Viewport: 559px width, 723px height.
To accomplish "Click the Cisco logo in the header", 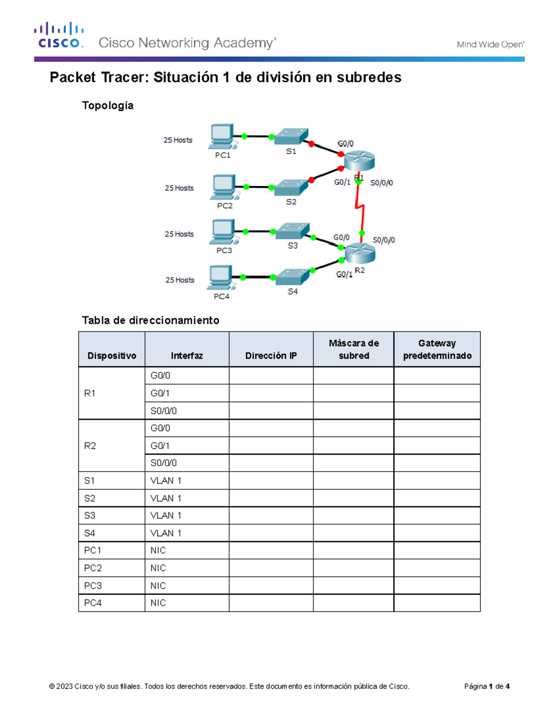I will [x=59, y=35].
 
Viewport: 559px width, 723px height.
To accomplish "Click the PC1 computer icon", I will [x=222, y=136].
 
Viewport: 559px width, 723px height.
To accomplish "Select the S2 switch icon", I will [x=291, y=187].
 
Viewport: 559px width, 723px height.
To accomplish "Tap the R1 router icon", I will [x=359, y=161].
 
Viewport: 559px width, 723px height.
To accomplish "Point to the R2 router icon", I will [x=360, y=252].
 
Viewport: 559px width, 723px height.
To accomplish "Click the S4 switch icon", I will [x=292, y=277].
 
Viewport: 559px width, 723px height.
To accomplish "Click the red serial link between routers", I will [x=360, y=208].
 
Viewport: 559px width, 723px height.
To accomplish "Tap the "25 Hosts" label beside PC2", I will [x=179, y=188].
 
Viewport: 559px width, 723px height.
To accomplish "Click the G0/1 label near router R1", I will [x=342, y=182].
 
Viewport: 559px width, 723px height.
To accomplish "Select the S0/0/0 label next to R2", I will [x=383, y=240].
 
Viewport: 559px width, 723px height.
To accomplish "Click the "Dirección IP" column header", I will [x=271, y=356].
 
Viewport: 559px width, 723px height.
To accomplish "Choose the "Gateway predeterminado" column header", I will [x=437, y=350].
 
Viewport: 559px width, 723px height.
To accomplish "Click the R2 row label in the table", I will [x=90, y=446].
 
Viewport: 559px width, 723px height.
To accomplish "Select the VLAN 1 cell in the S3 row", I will [x=166, y=515].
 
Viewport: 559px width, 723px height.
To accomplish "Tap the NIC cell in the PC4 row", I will [x=158, y=603].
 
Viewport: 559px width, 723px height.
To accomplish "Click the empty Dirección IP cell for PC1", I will [x=271, y=550].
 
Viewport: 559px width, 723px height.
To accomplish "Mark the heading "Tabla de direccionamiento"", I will [x=150, y=320].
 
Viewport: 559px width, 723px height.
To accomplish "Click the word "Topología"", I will [x=108, y=106].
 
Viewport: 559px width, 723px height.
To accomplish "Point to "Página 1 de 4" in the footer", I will [x=487, y=686].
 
